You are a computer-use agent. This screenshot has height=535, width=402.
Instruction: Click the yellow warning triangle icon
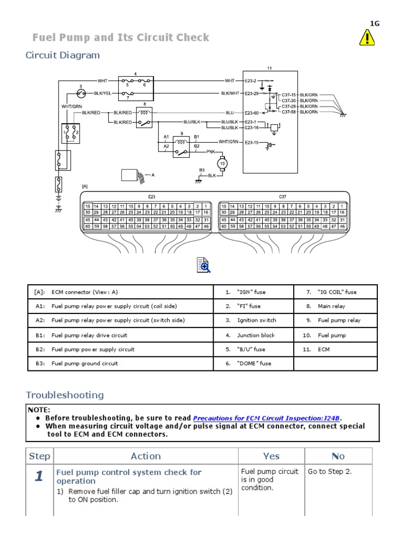tap(366, 38)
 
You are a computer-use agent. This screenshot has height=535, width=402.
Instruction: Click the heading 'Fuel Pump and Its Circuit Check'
tap(121, 38)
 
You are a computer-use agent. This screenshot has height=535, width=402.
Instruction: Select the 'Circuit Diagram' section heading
tap(63, 55)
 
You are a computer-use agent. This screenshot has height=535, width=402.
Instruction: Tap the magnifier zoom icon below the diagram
tap(203, 265)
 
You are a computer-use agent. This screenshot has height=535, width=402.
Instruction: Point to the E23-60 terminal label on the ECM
tap(251, 112)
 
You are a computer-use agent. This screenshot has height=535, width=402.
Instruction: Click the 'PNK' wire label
tap(211, 152)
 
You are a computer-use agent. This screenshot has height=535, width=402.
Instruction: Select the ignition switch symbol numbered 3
tap(81, 93)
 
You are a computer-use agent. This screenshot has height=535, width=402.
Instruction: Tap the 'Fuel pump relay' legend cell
tap(339, 320)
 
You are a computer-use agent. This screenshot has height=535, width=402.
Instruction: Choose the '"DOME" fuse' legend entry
tap(255, 364)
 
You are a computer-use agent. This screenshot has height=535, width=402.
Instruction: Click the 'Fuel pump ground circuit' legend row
tap(84, 364)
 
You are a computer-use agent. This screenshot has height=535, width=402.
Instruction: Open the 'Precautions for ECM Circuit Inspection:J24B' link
tap(267, 418)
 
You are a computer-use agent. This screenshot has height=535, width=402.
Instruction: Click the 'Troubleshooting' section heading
tap(65, 395)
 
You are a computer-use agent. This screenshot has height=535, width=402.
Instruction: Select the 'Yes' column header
tap(271, 456)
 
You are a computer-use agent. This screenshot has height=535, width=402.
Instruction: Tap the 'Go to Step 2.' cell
tap(330, 472)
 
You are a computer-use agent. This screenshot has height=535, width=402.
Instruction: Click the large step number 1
tap(39, 476)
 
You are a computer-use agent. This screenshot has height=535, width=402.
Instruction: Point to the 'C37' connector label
tap(283, 196)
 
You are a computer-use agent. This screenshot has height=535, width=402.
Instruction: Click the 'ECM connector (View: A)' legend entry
tap(88, 292)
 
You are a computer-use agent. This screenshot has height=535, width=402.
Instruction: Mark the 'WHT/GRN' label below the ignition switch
tap(71, 107)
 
